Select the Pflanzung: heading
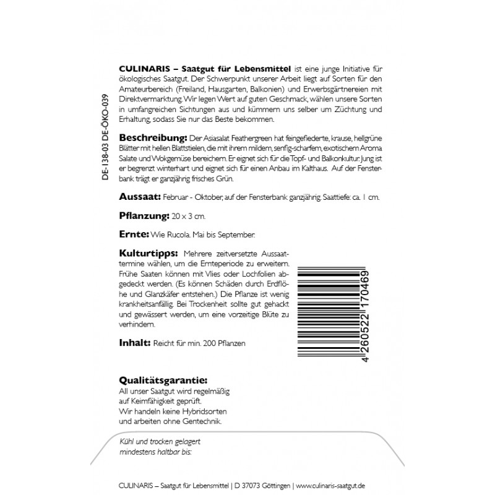[x=143, y=216]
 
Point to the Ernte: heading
[x=131, y=236]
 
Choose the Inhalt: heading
[x=132, y=342]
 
